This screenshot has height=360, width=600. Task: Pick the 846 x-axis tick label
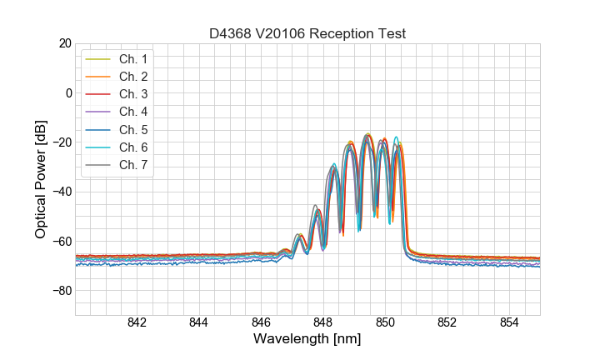pyautogui.click(x=261, y=322)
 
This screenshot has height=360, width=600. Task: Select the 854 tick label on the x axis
pyautogui.click(x=509, y=322)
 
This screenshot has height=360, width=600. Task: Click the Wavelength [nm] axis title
pyautogui.click(x=307, y=339)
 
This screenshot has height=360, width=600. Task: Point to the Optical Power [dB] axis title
pyautogui.click(x=41, y=179)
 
